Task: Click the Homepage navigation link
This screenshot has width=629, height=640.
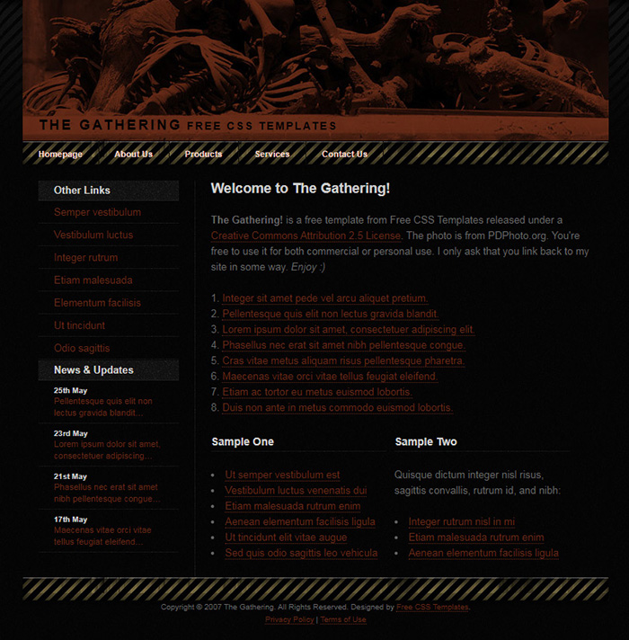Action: coord(60,154)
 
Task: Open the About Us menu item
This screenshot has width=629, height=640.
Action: coord(133,154)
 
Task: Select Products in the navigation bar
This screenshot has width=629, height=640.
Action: coord(203,154)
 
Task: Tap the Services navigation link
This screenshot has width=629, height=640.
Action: coord(272,154)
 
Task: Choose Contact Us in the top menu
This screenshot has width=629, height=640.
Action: coord(344,154)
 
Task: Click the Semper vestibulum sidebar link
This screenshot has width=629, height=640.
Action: coord(97,212)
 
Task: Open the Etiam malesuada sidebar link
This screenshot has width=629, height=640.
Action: coord(93,280)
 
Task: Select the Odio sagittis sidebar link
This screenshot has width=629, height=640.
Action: coord(82,348)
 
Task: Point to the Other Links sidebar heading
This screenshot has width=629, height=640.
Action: coord(82,191)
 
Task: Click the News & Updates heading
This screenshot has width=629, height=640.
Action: coord(93,370)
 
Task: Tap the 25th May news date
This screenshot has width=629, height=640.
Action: coord(70,391)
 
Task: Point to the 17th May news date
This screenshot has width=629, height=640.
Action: coord(70,520)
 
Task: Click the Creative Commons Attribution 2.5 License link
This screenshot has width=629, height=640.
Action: coord(306,236)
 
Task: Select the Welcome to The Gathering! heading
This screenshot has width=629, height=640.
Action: coord(300,189)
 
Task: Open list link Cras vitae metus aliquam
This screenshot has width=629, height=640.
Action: coord(343,361)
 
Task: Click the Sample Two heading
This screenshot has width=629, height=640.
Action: coord(426,442)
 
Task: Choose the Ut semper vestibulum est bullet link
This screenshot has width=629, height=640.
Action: coord(282,476)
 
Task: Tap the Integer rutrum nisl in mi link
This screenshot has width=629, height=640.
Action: coord(461,522)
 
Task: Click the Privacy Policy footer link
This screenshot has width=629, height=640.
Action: coord(289,620)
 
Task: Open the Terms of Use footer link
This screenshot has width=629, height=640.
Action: coord(343,620)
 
